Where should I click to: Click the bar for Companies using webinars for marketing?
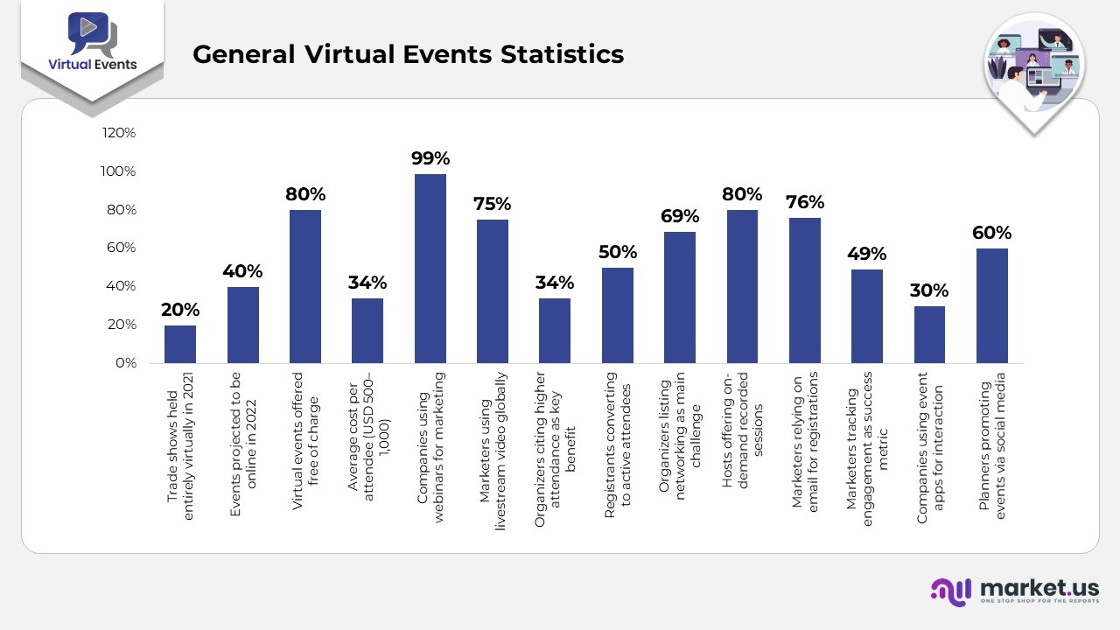430,269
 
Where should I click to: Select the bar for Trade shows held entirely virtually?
180,344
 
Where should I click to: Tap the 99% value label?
430,158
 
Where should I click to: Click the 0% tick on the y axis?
125,363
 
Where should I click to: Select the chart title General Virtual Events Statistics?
408,54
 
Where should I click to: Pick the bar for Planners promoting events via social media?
992,305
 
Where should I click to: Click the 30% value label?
929,290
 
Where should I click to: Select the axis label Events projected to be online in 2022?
242,443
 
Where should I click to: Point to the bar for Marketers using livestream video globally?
493,291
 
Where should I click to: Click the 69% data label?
680,216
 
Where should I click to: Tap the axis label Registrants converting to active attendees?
617,445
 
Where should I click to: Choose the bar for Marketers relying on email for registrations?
805,290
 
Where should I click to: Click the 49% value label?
867,254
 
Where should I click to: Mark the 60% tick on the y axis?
120,248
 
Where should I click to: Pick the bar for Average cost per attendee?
367,331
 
